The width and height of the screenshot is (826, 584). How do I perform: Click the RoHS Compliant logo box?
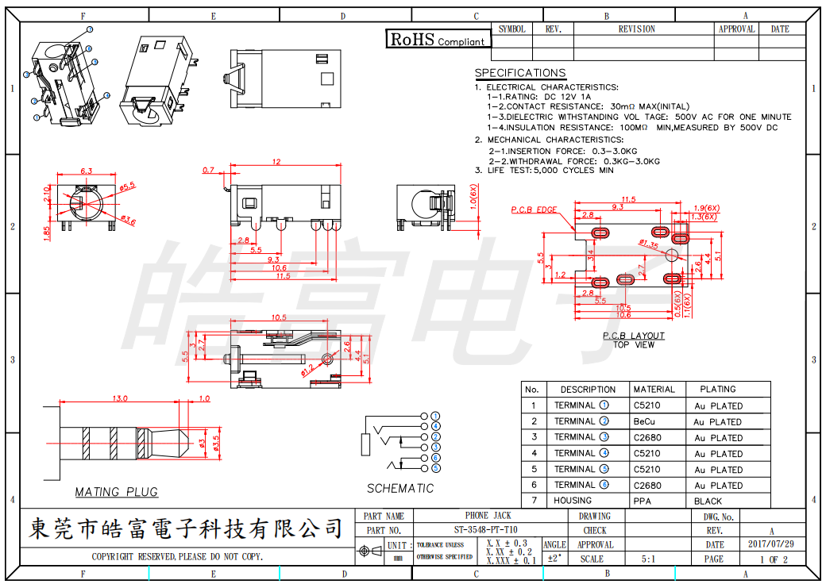click(x=438, y=39)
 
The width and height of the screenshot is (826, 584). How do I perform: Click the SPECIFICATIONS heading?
click(x=520, y=73)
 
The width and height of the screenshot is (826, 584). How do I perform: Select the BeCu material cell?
click(x=644, y=421)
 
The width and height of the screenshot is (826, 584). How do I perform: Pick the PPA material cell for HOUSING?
click(x=643, y=501)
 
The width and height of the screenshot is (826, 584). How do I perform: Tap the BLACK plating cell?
click(x=708, y=501)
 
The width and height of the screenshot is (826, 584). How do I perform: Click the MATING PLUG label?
click(x=116, y=492)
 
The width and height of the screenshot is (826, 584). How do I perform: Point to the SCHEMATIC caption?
click(x=400, y=488)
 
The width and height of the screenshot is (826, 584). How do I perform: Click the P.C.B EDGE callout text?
click(x=534, y=209)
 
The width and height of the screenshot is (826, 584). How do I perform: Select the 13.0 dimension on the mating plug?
click(x=121, y=398)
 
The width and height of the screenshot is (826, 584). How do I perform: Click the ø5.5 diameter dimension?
click(x=128, y=186)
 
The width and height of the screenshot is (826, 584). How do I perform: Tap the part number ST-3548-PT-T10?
click(x=477, y=530)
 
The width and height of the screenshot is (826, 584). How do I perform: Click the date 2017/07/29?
click(x=770, y=544)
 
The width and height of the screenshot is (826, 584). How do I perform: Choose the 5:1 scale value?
click(x=649, y=559)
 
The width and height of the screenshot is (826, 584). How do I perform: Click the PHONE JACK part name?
click(x=477, y=516)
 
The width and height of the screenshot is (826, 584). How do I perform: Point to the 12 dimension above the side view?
click(x=276, y=162)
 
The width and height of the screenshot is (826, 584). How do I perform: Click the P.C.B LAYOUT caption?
click(x=633, y=336)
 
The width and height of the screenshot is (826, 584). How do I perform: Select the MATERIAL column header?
click(x=654, y=390)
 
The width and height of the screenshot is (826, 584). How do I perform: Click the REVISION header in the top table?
click(x=636, y=29)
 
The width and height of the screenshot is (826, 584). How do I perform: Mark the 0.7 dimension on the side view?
click(x=209, y=170)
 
